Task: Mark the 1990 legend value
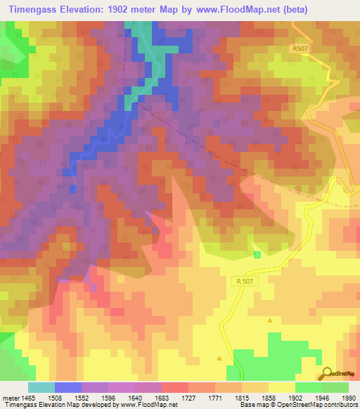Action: tap(349, 398)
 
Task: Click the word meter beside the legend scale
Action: tap(11, 398)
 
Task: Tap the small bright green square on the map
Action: tap(257, 254)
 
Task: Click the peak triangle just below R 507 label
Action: tap(270, 320)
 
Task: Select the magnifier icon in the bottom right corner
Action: tap(327, 373)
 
